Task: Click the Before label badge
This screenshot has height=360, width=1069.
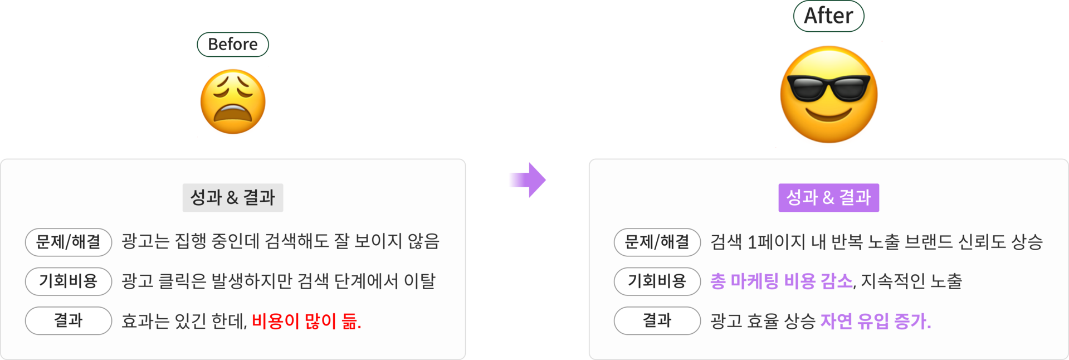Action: tap(233, 45)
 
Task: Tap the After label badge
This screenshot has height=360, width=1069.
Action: tap(828, 16)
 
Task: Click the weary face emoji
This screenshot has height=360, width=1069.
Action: tap(233, 102)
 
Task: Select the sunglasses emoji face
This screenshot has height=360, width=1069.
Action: tap(828, 95)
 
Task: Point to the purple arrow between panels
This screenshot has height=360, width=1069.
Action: tap(527, 180)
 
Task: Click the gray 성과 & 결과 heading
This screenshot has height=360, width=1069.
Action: tap(233, 198)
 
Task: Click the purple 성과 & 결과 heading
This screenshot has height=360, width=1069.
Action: tap(828, 198)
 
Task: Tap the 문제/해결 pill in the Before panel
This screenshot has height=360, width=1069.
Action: tap(69, 242)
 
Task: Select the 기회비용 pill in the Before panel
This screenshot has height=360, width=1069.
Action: tap(69, 281)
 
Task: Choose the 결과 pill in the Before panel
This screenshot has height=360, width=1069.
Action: tap(69, 320)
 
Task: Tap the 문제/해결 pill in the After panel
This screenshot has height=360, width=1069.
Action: tap(657, 242)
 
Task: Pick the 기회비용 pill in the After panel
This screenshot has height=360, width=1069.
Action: tap(657, 281)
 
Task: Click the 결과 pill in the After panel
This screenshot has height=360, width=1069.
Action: tap(657, 320)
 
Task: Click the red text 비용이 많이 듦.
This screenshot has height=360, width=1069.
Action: tap(306, 321)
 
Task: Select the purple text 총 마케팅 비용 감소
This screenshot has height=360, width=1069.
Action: tap(781, 281)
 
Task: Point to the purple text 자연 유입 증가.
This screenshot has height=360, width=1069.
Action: tap(876, 321)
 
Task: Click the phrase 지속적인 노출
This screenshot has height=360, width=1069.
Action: tap(911, 281)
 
